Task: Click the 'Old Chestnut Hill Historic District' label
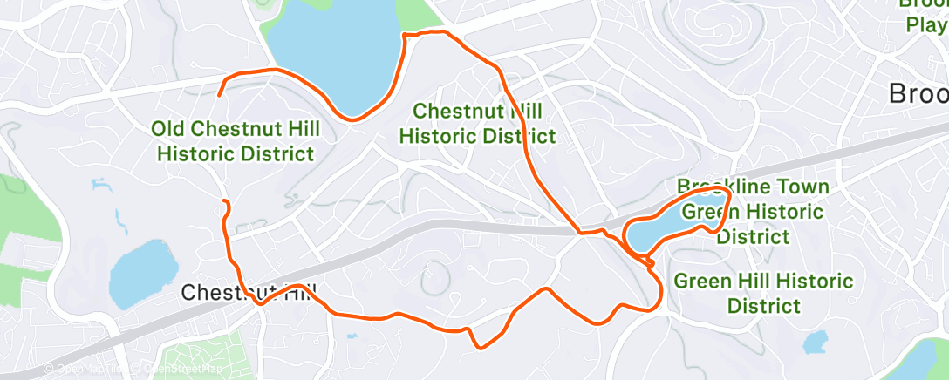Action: click(236, 142)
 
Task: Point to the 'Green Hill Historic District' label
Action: click(763, 293)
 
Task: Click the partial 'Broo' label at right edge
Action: click(918, 94)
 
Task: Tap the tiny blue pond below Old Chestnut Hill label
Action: click(102, 185)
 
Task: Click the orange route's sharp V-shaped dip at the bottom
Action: click(480, 346)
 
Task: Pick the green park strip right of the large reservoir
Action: click(417, 13)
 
